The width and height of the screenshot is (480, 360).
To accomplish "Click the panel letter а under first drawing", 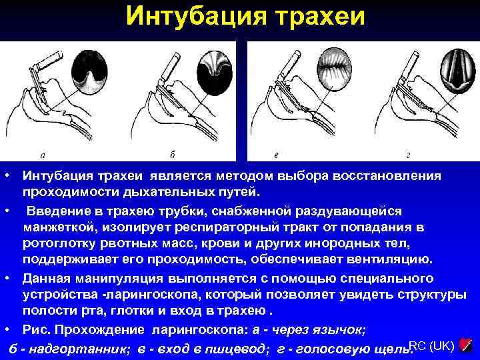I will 43,155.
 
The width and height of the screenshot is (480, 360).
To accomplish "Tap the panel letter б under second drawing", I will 172,155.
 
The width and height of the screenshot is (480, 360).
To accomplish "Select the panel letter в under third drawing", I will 276,155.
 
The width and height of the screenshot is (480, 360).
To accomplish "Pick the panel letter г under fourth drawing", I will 407,155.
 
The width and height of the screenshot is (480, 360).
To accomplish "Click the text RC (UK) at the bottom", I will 431,345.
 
